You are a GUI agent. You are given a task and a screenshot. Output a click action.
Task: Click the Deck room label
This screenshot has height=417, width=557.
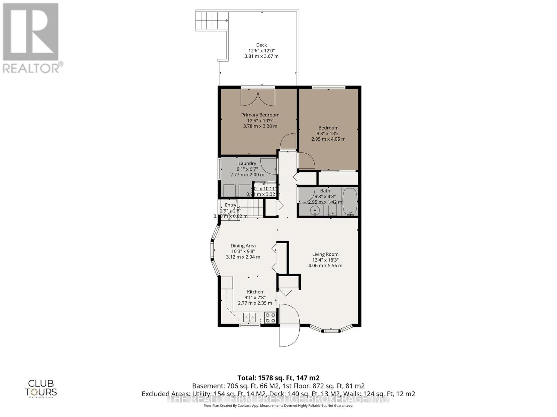click(261, 45)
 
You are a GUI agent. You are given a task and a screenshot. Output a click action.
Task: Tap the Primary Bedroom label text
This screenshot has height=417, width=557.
click(260, 115)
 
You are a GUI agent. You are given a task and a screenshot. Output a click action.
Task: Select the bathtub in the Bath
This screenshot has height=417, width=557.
click(349, 202)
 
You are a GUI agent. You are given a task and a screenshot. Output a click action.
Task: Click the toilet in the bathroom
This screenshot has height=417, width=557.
click(332, 208)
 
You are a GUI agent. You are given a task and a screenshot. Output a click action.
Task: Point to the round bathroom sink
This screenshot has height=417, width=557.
click(315, 210)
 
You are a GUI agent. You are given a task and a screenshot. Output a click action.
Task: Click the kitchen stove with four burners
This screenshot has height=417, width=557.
click(270, 318)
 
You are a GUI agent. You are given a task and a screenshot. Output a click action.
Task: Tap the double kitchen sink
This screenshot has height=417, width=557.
click(249, 317)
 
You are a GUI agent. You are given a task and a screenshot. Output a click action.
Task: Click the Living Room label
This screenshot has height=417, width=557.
click(325, 254)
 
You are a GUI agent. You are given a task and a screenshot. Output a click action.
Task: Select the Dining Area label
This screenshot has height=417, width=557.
click(243, 246)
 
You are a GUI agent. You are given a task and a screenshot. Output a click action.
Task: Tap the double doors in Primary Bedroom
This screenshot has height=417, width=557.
click(258, 97)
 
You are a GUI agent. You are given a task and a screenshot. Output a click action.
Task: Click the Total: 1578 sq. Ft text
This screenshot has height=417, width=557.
click(278, 378)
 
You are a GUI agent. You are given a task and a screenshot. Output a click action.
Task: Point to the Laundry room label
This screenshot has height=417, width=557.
click(247, 163)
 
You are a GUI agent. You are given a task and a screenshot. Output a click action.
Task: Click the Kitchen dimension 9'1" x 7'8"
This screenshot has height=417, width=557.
click(255, 297)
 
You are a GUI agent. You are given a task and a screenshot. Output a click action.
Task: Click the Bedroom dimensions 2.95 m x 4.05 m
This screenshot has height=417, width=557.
click(328, 139)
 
